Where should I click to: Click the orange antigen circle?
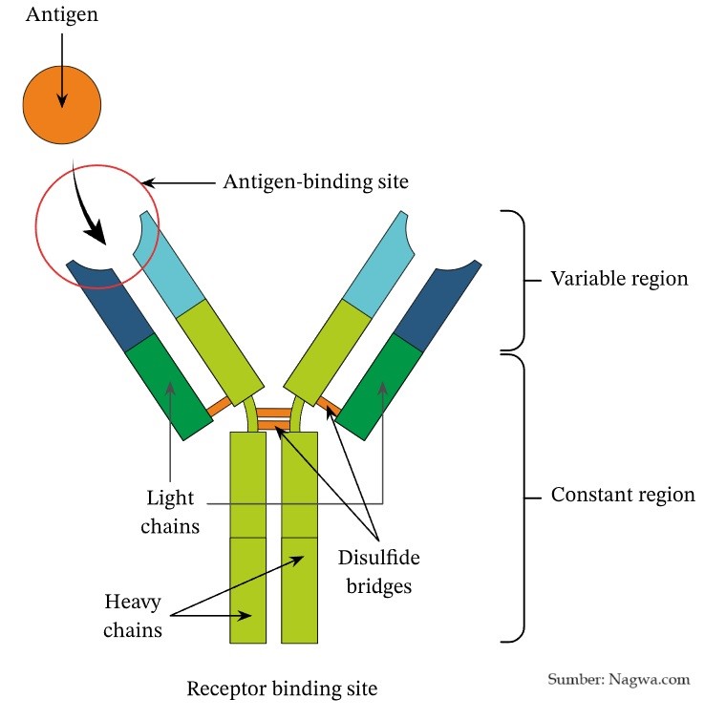point(62,105)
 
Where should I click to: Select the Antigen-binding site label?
point(315,180)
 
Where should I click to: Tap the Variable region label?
point(619,279)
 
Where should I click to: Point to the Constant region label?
point(623,496)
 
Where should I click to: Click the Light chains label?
point(173,512)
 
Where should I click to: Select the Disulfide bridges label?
point(379,571)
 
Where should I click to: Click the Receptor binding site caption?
point(282,688)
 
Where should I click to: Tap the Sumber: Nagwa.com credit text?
point(618,680)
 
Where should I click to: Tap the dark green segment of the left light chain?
point(169,387)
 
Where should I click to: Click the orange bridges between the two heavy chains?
point(273,418)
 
